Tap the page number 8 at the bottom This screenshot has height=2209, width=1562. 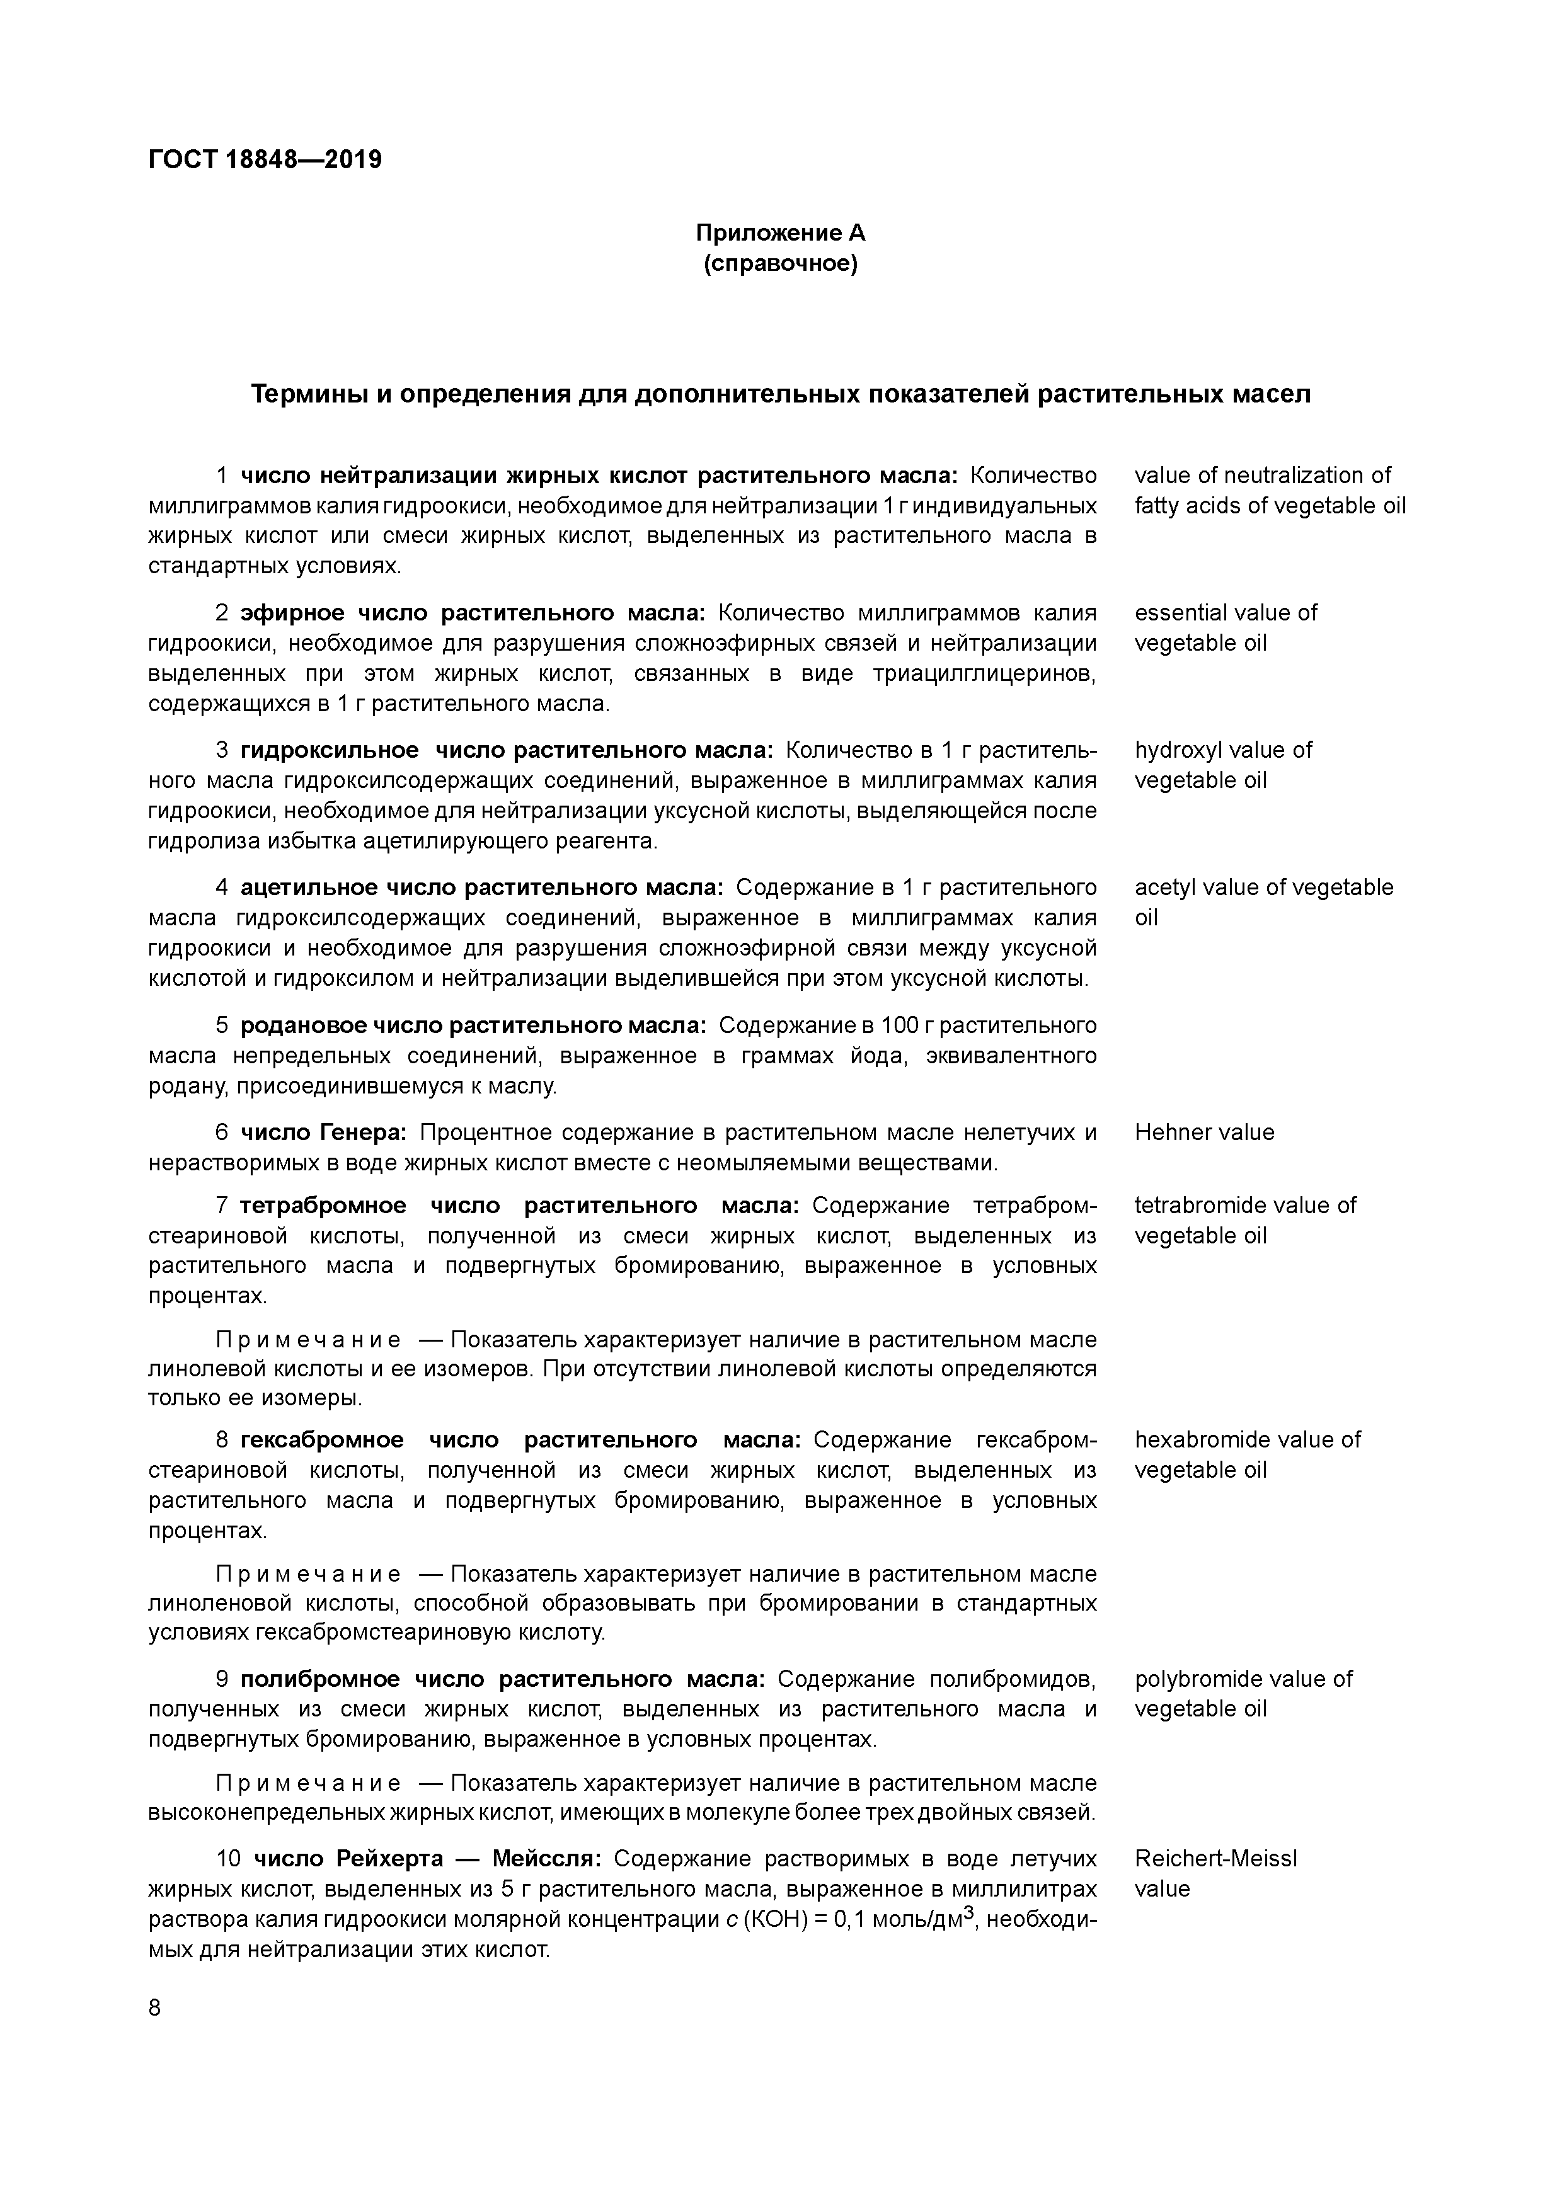(156, 2008)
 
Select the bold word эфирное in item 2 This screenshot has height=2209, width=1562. (292, 613)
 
